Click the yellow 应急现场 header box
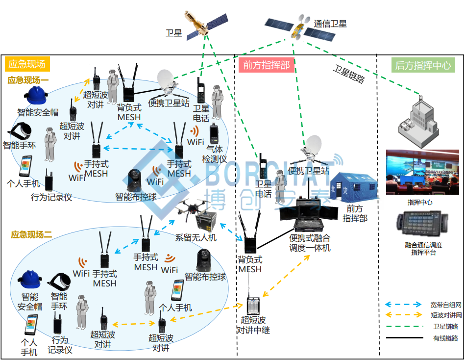click(27, 64)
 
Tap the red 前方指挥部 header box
click(266, 65)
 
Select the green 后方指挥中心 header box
click(423, 65)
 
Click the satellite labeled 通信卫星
click(300, 27)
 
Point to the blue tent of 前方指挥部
click(353, 186)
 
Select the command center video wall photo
click(422, 172)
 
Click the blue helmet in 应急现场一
click(36, 95)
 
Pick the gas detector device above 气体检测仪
click(214, 134)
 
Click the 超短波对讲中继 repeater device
click(253, 306)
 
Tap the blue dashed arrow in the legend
click(403, 305)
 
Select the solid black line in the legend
click(405, 337)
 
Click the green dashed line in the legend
click(405, 327)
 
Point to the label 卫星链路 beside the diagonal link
click(349, 74)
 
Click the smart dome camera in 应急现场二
click(203, 261)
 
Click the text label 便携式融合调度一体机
click(310, 243)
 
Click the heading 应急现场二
click(31, 235)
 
